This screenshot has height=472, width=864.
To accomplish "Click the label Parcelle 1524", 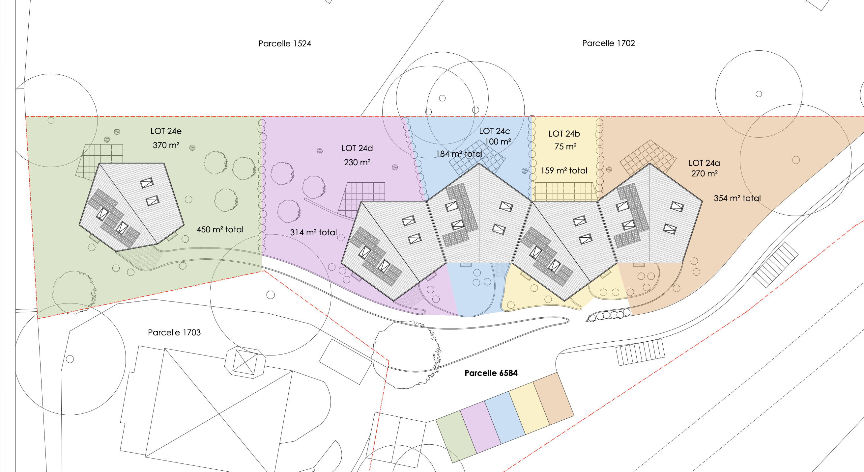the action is click(284, 43).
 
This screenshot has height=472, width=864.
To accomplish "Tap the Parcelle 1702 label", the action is click(608, 43).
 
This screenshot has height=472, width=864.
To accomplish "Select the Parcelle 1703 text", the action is click(174, 332).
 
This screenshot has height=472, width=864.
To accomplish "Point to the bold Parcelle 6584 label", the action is click(491, 373).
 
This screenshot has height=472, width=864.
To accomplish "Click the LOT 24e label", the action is click(166, 131).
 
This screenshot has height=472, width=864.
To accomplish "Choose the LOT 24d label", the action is click(357, 148).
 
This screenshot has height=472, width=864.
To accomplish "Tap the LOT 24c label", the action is click(494, 131).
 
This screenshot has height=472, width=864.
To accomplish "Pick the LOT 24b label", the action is click(564, 134).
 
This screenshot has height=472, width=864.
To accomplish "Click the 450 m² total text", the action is click(220, 229).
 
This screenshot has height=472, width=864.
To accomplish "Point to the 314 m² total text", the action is click(313, 232).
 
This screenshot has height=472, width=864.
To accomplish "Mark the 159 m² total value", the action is click(564, 170).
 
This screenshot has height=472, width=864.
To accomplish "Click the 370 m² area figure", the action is click(166, 145).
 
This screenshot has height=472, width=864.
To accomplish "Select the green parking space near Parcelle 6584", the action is click(456, 437).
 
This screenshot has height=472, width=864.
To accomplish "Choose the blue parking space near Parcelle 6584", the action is click(505, 418).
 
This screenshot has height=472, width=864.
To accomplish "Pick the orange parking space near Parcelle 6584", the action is click(553, 399).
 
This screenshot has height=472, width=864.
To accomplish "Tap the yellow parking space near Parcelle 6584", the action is click(529, 408).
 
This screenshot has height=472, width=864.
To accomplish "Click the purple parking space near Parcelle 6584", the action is click(481, 428).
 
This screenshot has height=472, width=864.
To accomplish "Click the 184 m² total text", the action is click(459, 154).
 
